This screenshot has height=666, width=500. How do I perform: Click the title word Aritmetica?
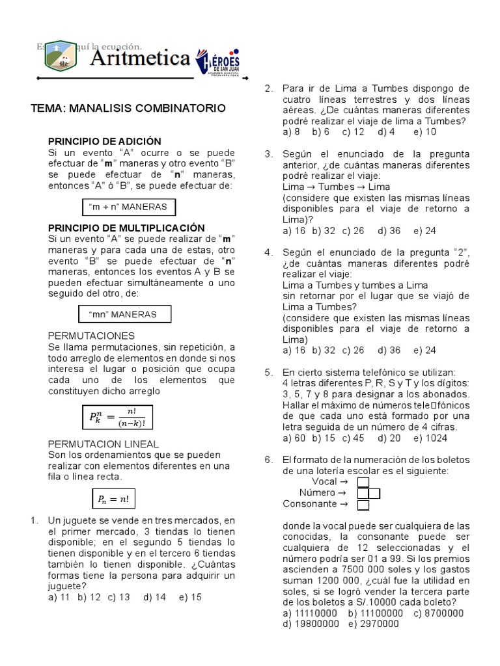[x=139, y=59]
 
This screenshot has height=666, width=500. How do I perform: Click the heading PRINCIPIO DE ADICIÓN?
[x=105, y=141]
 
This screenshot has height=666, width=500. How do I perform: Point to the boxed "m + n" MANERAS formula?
[x=128, y=207]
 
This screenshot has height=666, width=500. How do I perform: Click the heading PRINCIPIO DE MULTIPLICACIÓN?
[x=126, y=228]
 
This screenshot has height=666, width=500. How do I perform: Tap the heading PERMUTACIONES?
[x=92, y=336]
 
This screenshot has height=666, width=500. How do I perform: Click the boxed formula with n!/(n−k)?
[x=118, y=418]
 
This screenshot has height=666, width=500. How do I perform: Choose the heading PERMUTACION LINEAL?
[x=104, y=444]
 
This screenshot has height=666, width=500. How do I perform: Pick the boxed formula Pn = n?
[x=113, y=499]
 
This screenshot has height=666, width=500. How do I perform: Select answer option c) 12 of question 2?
[x=353, y=131]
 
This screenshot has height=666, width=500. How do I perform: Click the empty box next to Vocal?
[x=363, y=482]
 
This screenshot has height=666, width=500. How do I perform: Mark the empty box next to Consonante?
[x=363, y=504]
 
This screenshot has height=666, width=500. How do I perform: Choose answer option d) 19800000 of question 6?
[x=311, y=624]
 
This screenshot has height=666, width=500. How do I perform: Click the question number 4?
[x=268, y=252]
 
